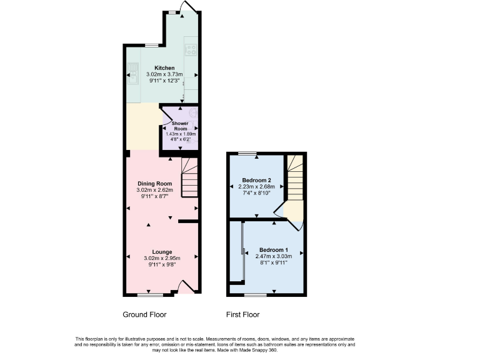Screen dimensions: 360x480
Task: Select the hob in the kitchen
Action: coord(191,49)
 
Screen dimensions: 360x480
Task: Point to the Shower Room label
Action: coord(180,126)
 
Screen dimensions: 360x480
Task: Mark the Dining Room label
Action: coord(154,184)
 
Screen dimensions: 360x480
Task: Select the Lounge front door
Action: coord(186,287)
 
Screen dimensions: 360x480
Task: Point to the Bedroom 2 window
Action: coord(247,153)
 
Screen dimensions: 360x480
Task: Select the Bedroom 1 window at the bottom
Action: coord(256,294)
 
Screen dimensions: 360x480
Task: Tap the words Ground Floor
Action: coord(145,314)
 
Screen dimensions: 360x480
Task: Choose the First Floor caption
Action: coord(243,314)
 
